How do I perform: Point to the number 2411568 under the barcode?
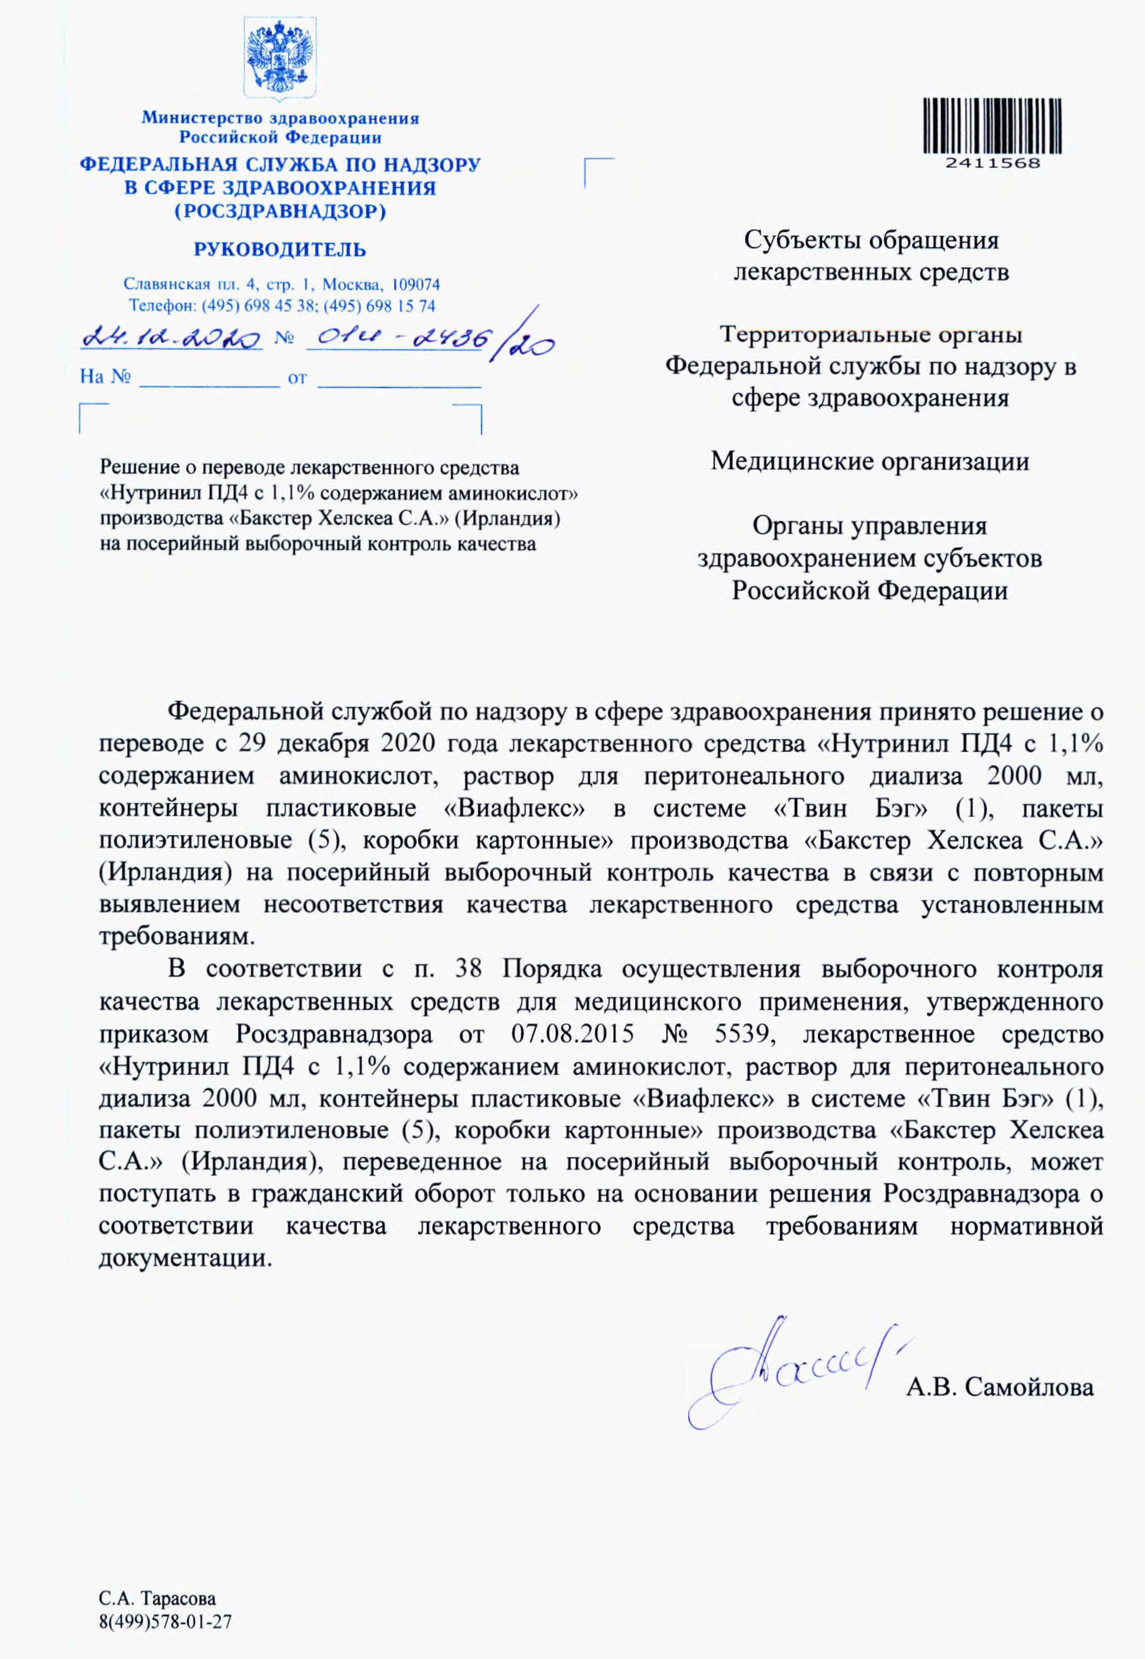993,163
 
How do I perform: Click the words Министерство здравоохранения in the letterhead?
280,118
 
